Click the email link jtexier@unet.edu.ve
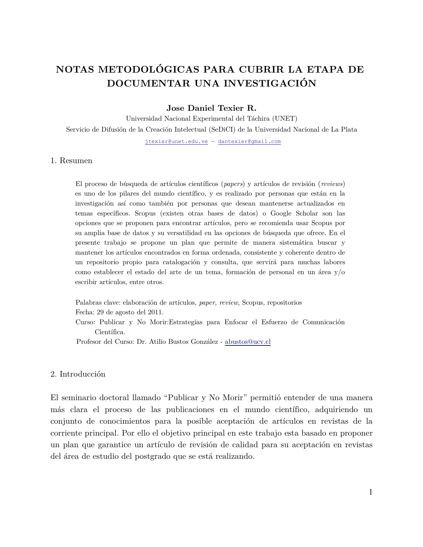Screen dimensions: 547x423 pyautogui.click(x=176, y=142)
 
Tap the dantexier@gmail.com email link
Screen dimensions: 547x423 pyautogui.click(x=249, y=142)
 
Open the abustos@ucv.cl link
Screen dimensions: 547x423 pyautogui.click(x=247, y=342)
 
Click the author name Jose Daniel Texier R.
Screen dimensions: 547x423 pyautogui.click(x=211, y=108)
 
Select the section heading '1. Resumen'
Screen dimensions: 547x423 pyautogui.click(x=71, y=161)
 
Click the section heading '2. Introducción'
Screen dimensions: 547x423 pyautogui.click(x=78, y=374)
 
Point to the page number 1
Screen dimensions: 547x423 pyautogui.click(x=371, y=492)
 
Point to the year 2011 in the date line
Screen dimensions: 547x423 pyautogui.click(x=155, y=312)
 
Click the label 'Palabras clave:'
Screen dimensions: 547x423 pyautogui.click(x=98, y=303)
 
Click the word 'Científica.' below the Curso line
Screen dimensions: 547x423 pyautogui.click(x=110, y=332)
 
